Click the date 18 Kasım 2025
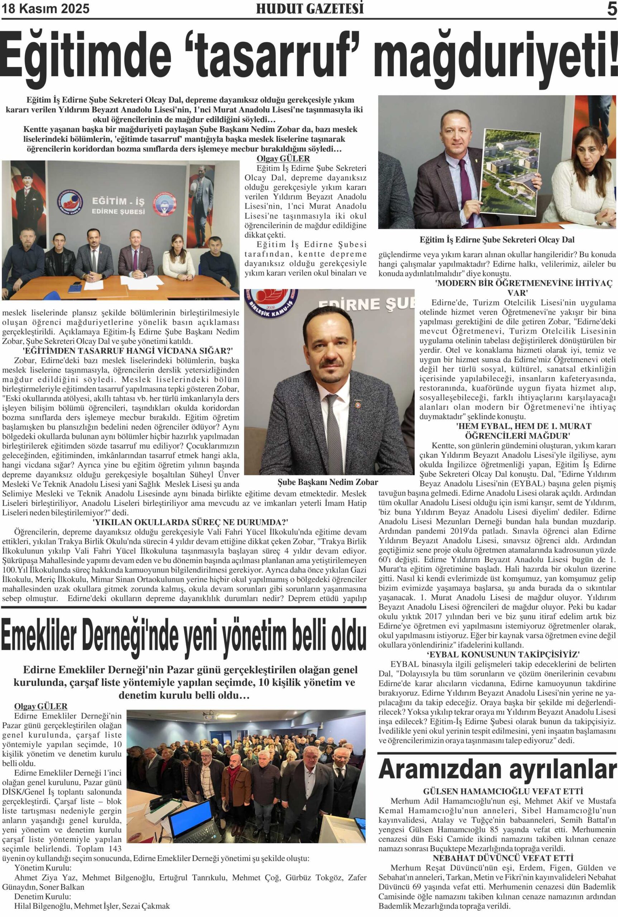tap(46, 9)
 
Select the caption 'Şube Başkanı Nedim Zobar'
tap(327, 482)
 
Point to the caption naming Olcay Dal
tap(497, 240)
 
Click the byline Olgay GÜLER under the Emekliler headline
tap(40, 696)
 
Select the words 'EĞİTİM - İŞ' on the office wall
tap(118, 201)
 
